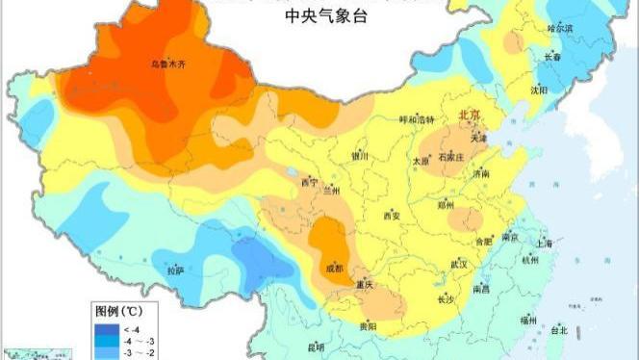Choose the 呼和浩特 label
point(417,119)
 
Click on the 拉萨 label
point(175,270)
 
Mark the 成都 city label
point(333,268)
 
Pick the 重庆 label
point(363,285)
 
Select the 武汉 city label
point(457,263)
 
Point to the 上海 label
point(546,244)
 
